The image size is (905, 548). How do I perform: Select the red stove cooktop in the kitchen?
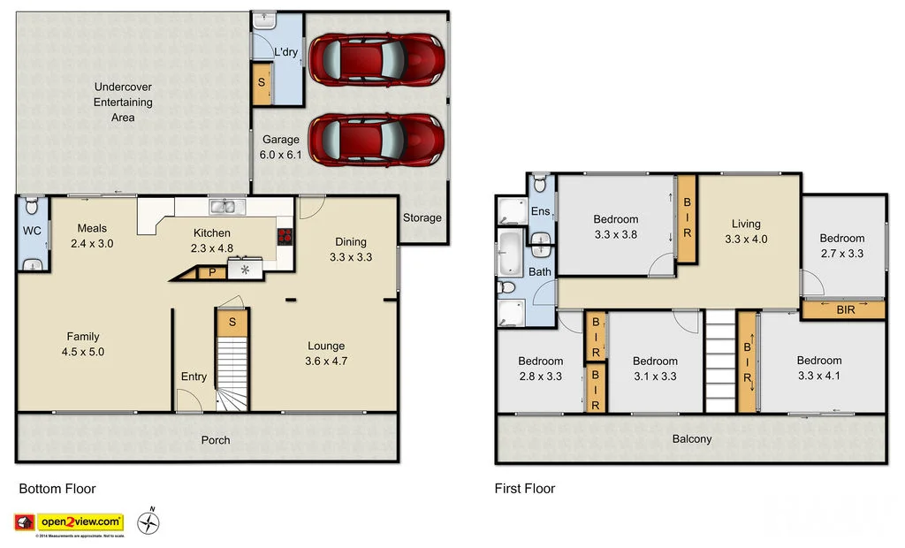click(285, 236)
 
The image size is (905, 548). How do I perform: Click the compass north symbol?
click(149, 522)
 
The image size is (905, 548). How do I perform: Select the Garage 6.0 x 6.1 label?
click(281, 147)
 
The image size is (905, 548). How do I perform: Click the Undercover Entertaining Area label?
click(123, 102)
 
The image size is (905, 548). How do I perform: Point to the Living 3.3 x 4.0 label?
click(745, 231)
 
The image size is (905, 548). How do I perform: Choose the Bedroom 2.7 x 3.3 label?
click(841, 246)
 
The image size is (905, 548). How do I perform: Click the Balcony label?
click(691, 438)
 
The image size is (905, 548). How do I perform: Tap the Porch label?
click(216, 440)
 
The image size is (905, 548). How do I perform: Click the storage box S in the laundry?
click(262, 84)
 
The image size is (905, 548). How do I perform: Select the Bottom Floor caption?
click(57, 489)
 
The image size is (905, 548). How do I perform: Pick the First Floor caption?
click(525, 489)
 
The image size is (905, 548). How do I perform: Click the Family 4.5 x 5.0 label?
click(82, 344)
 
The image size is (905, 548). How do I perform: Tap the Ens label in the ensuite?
click(539, 211)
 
